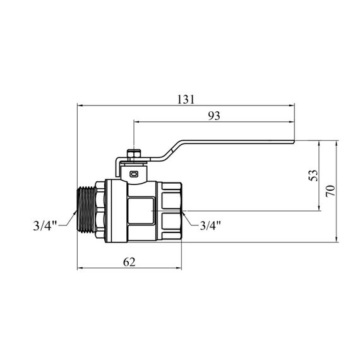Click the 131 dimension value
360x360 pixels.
pos(186,99)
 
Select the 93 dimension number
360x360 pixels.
pos(214,116)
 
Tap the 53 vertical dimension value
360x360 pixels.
pos(314,176)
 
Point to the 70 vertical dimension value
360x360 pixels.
pos(330,191)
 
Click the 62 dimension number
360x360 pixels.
pos(129,262)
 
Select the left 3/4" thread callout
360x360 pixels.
pos(45,225)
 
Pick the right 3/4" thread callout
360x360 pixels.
pos(210,225)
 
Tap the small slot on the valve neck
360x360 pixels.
pos(134,174)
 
